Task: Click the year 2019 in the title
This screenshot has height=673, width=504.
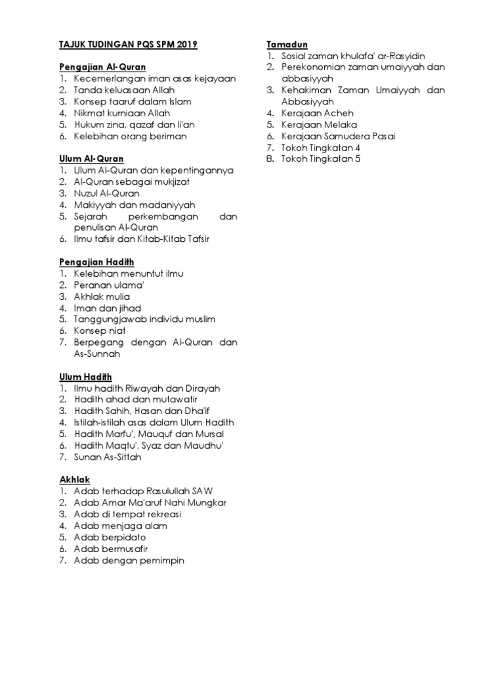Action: [x=186, y=45]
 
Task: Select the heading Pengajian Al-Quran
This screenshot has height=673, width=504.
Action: [x=102, y=67]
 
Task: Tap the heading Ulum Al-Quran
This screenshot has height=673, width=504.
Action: [x=91, y=158]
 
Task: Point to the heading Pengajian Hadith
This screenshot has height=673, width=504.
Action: [x=96, y=262]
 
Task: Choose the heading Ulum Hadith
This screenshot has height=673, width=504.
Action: [x=85, y=376]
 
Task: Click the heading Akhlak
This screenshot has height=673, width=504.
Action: [x=74, y=479]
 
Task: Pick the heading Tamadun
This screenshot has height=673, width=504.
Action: [x=283, y=44]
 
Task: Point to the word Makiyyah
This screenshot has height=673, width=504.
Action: [x=95, y=204]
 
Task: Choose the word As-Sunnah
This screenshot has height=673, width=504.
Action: [x=97, y=354]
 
